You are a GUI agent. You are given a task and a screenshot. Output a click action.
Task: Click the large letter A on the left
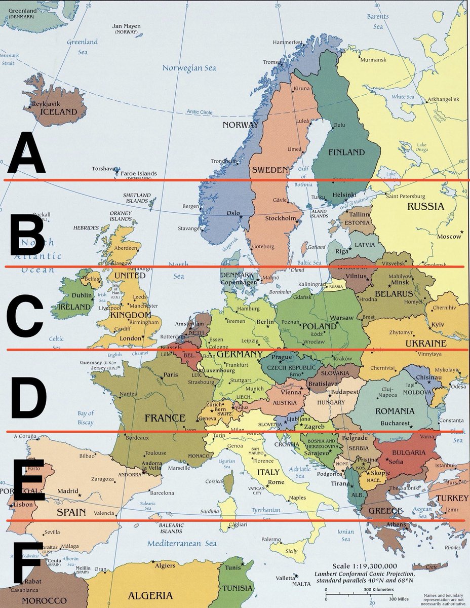coord(25,152)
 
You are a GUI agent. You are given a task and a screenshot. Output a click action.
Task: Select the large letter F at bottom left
coord(26,562)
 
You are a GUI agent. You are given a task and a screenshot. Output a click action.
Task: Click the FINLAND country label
coord(346,152)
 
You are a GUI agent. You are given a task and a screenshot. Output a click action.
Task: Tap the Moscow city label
coord(449,237)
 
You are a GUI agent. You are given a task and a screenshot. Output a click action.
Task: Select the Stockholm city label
coord(281,218)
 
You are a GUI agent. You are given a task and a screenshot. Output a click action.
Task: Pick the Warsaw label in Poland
coord(341,318)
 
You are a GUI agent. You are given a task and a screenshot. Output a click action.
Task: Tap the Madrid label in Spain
coord(67,491)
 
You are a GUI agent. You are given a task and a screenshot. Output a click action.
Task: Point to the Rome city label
coord(276,482)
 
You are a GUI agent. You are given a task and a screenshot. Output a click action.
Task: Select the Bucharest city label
coord(395,423)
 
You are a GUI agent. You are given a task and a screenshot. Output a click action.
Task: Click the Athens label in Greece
coord(396,524)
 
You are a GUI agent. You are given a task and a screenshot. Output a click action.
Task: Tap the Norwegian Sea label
coord(189,68)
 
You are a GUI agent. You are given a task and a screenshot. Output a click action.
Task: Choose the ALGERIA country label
coord(150,595)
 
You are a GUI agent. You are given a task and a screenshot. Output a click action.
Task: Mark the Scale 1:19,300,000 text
coord(364,566)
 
